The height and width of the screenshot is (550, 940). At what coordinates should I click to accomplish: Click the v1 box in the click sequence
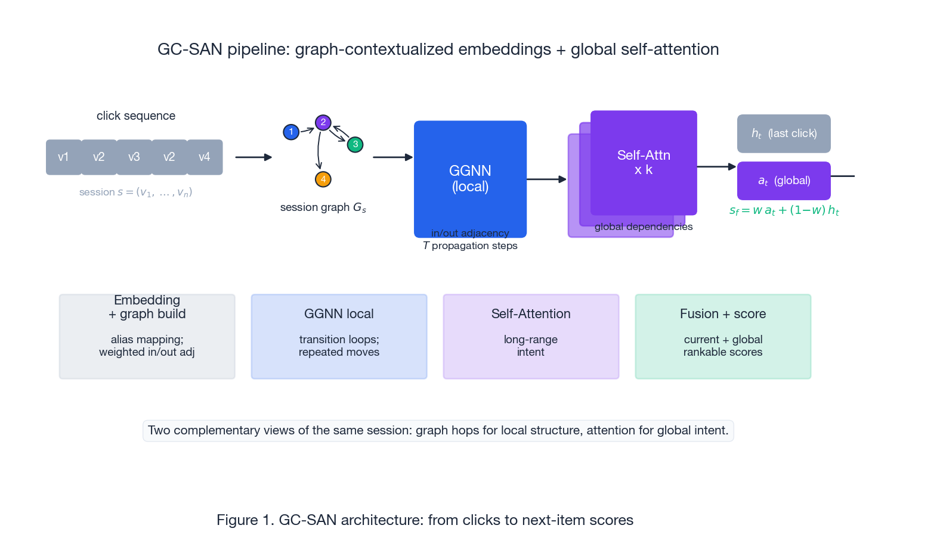[63, 157]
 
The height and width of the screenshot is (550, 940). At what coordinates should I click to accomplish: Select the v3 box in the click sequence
[134, 157]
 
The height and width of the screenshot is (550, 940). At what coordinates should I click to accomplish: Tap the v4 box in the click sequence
[205, 157]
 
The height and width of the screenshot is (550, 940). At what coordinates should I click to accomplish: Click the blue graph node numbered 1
[291, 132]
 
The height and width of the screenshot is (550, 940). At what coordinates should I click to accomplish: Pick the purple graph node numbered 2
[323, 123]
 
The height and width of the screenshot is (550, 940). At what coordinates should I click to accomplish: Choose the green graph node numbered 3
[355, 144]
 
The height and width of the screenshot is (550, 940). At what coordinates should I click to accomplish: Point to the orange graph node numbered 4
[323, 179]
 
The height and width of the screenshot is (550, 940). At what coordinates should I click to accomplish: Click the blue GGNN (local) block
[470, 179]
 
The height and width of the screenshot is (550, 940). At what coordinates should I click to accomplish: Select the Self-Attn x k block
[644, 162]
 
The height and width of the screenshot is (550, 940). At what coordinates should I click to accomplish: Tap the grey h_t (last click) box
[784, 133]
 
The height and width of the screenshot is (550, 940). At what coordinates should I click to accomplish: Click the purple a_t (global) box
[784, 181]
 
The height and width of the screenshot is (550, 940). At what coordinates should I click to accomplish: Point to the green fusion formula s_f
[784, 210]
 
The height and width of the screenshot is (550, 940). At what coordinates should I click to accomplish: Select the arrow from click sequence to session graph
[253, 157]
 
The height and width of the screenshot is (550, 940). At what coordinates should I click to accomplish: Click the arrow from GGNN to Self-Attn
[546, 179]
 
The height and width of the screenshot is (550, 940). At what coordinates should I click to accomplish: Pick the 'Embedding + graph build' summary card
[147, 337]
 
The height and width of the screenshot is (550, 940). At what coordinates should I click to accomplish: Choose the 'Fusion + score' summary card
[723, 337]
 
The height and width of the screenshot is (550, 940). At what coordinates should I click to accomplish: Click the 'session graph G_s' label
[323, 207]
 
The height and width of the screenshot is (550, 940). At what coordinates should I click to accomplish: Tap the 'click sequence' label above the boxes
[136, 116]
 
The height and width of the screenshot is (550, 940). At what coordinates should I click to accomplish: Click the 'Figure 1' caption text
[425, 520]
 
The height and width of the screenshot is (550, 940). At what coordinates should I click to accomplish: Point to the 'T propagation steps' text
[470, 246]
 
